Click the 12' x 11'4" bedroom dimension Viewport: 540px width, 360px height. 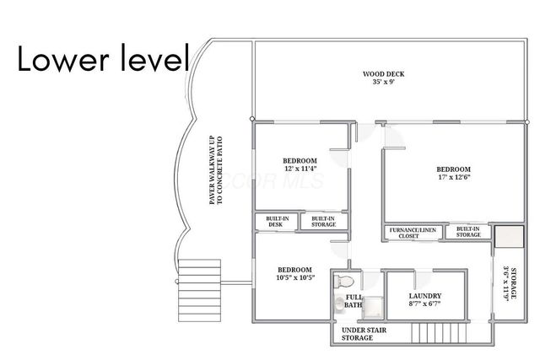coord(300,169)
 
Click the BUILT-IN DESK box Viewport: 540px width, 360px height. coord(275,222)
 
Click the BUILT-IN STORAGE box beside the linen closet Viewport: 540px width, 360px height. coord(468,232)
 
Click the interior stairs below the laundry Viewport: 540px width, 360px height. coord(435,334)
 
